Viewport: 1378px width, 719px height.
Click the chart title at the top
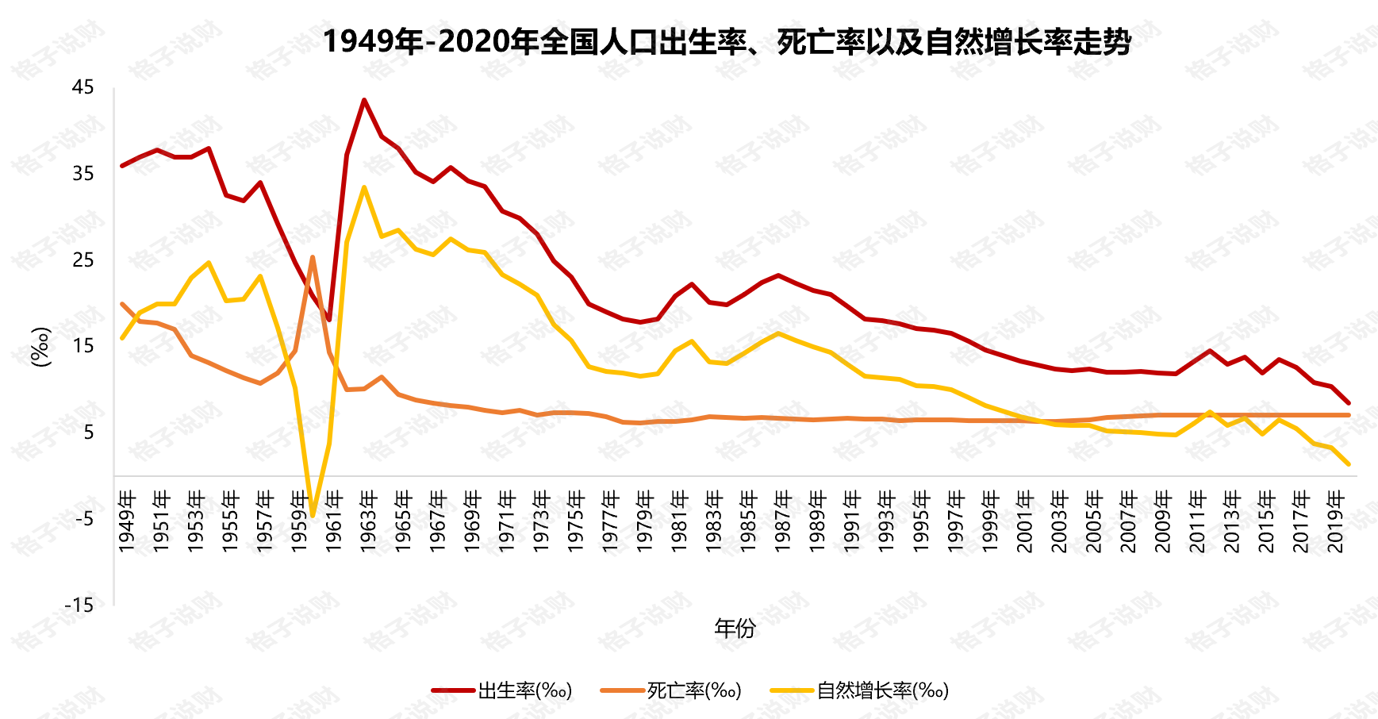point(726,41)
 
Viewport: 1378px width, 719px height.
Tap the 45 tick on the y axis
point(83,87)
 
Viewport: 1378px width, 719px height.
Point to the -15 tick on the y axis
point(79,606)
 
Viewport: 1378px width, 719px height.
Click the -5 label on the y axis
point(82,519)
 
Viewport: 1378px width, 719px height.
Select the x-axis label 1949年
point(127,521)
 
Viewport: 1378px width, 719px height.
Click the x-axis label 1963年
point(369,521)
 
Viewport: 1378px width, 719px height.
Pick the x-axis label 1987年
point(783,521)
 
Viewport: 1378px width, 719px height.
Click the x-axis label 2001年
point(1025,521)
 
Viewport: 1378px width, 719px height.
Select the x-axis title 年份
point(735,629)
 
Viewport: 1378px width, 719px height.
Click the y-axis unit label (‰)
point(40,347)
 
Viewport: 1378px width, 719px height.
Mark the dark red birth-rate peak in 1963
point(364,100)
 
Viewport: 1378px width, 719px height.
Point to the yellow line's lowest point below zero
point(313,516)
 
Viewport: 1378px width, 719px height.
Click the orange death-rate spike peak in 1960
point(313,257)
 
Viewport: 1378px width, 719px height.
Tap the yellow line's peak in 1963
point(364,187)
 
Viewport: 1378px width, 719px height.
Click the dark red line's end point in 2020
point(1348,403)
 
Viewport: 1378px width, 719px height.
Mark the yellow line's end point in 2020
point(1348,464)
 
